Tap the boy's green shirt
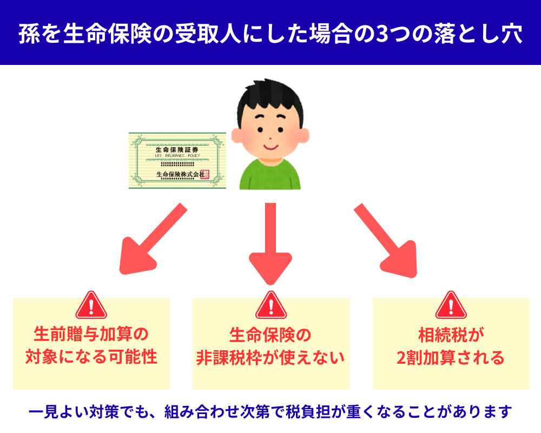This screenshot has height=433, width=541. pos(270,173)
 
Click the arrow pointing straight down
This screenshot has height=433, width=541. pos(270,244)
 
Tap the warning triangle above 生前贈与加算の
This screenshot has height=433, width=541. pos(91,305)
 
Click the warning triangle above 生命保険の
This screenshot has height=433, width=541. pos(270,305)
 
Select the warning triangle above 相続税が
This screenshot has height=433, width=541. pos(451,305)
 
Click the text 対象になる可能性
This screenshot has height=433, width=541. pos(91,358)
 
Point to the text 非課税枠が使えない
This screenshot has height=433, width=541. pos(270,358)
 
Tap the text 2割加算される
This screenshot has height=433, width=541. pos(451,358)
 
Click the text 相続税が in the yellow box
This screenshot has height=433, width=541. pos(451,335)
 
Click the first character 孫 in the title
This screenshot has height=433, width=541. pos(28,34)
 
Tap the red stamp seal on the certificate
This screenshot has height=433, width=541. pos(204,174)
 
